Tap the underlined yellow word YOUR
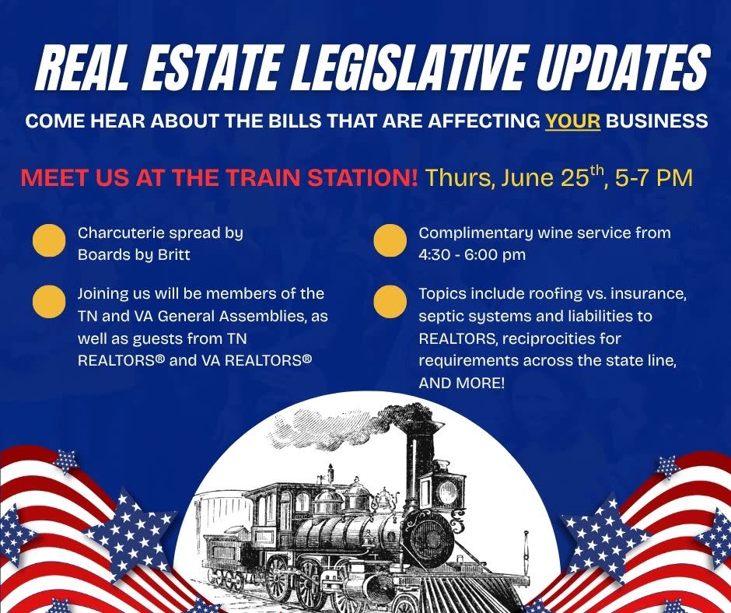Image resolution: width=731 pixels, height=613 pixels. point(572,121)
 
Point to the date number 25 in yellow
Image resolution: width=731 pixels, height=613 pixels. point(575,177)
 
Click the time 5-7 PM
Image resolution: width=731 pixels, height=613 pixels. point(653,177)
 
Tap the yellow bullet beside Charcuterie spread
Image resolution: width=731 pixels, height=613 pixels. point(49,240)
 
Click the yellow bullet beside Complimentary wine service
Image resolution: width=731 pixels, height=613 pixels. point(390,240)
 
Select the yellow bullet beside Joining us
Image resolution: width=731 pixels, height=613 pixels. point(49,302)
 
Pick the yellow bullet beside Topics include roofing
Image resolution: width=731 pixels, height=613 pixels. point(390,302)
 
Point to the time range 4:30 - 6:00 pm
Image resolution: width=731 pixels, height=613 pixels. point(472,254)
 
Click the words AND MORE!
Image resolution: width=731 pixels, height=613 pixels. point(461,384)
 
